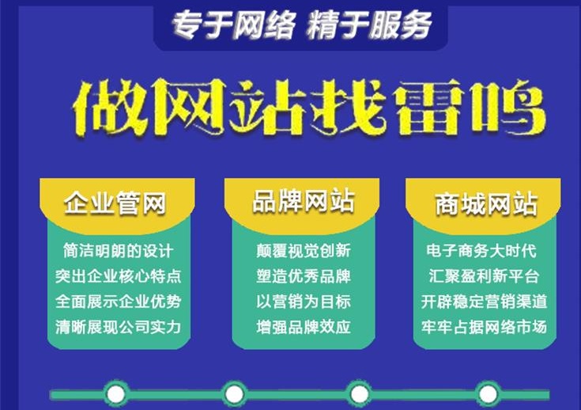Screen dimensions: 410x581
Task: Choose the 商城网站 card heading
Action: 485,204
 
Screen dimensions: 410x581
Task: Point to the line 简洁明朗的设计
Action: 118,251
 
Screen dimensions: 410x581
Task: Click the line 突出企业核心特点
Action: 118,276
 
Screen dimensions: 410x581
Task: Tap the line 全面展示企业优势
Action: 118,302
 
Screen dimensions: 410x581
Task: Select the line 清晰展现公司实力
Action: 118,327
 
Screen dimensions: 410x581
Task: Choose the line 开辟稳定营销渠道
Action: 485,302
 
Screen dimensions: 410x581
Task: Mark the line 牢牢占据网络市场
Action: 485,327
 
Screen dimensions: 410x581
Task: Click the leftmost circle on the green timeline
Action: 116,393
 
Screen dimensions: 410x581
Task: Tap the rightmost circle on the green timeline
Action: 487,393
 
